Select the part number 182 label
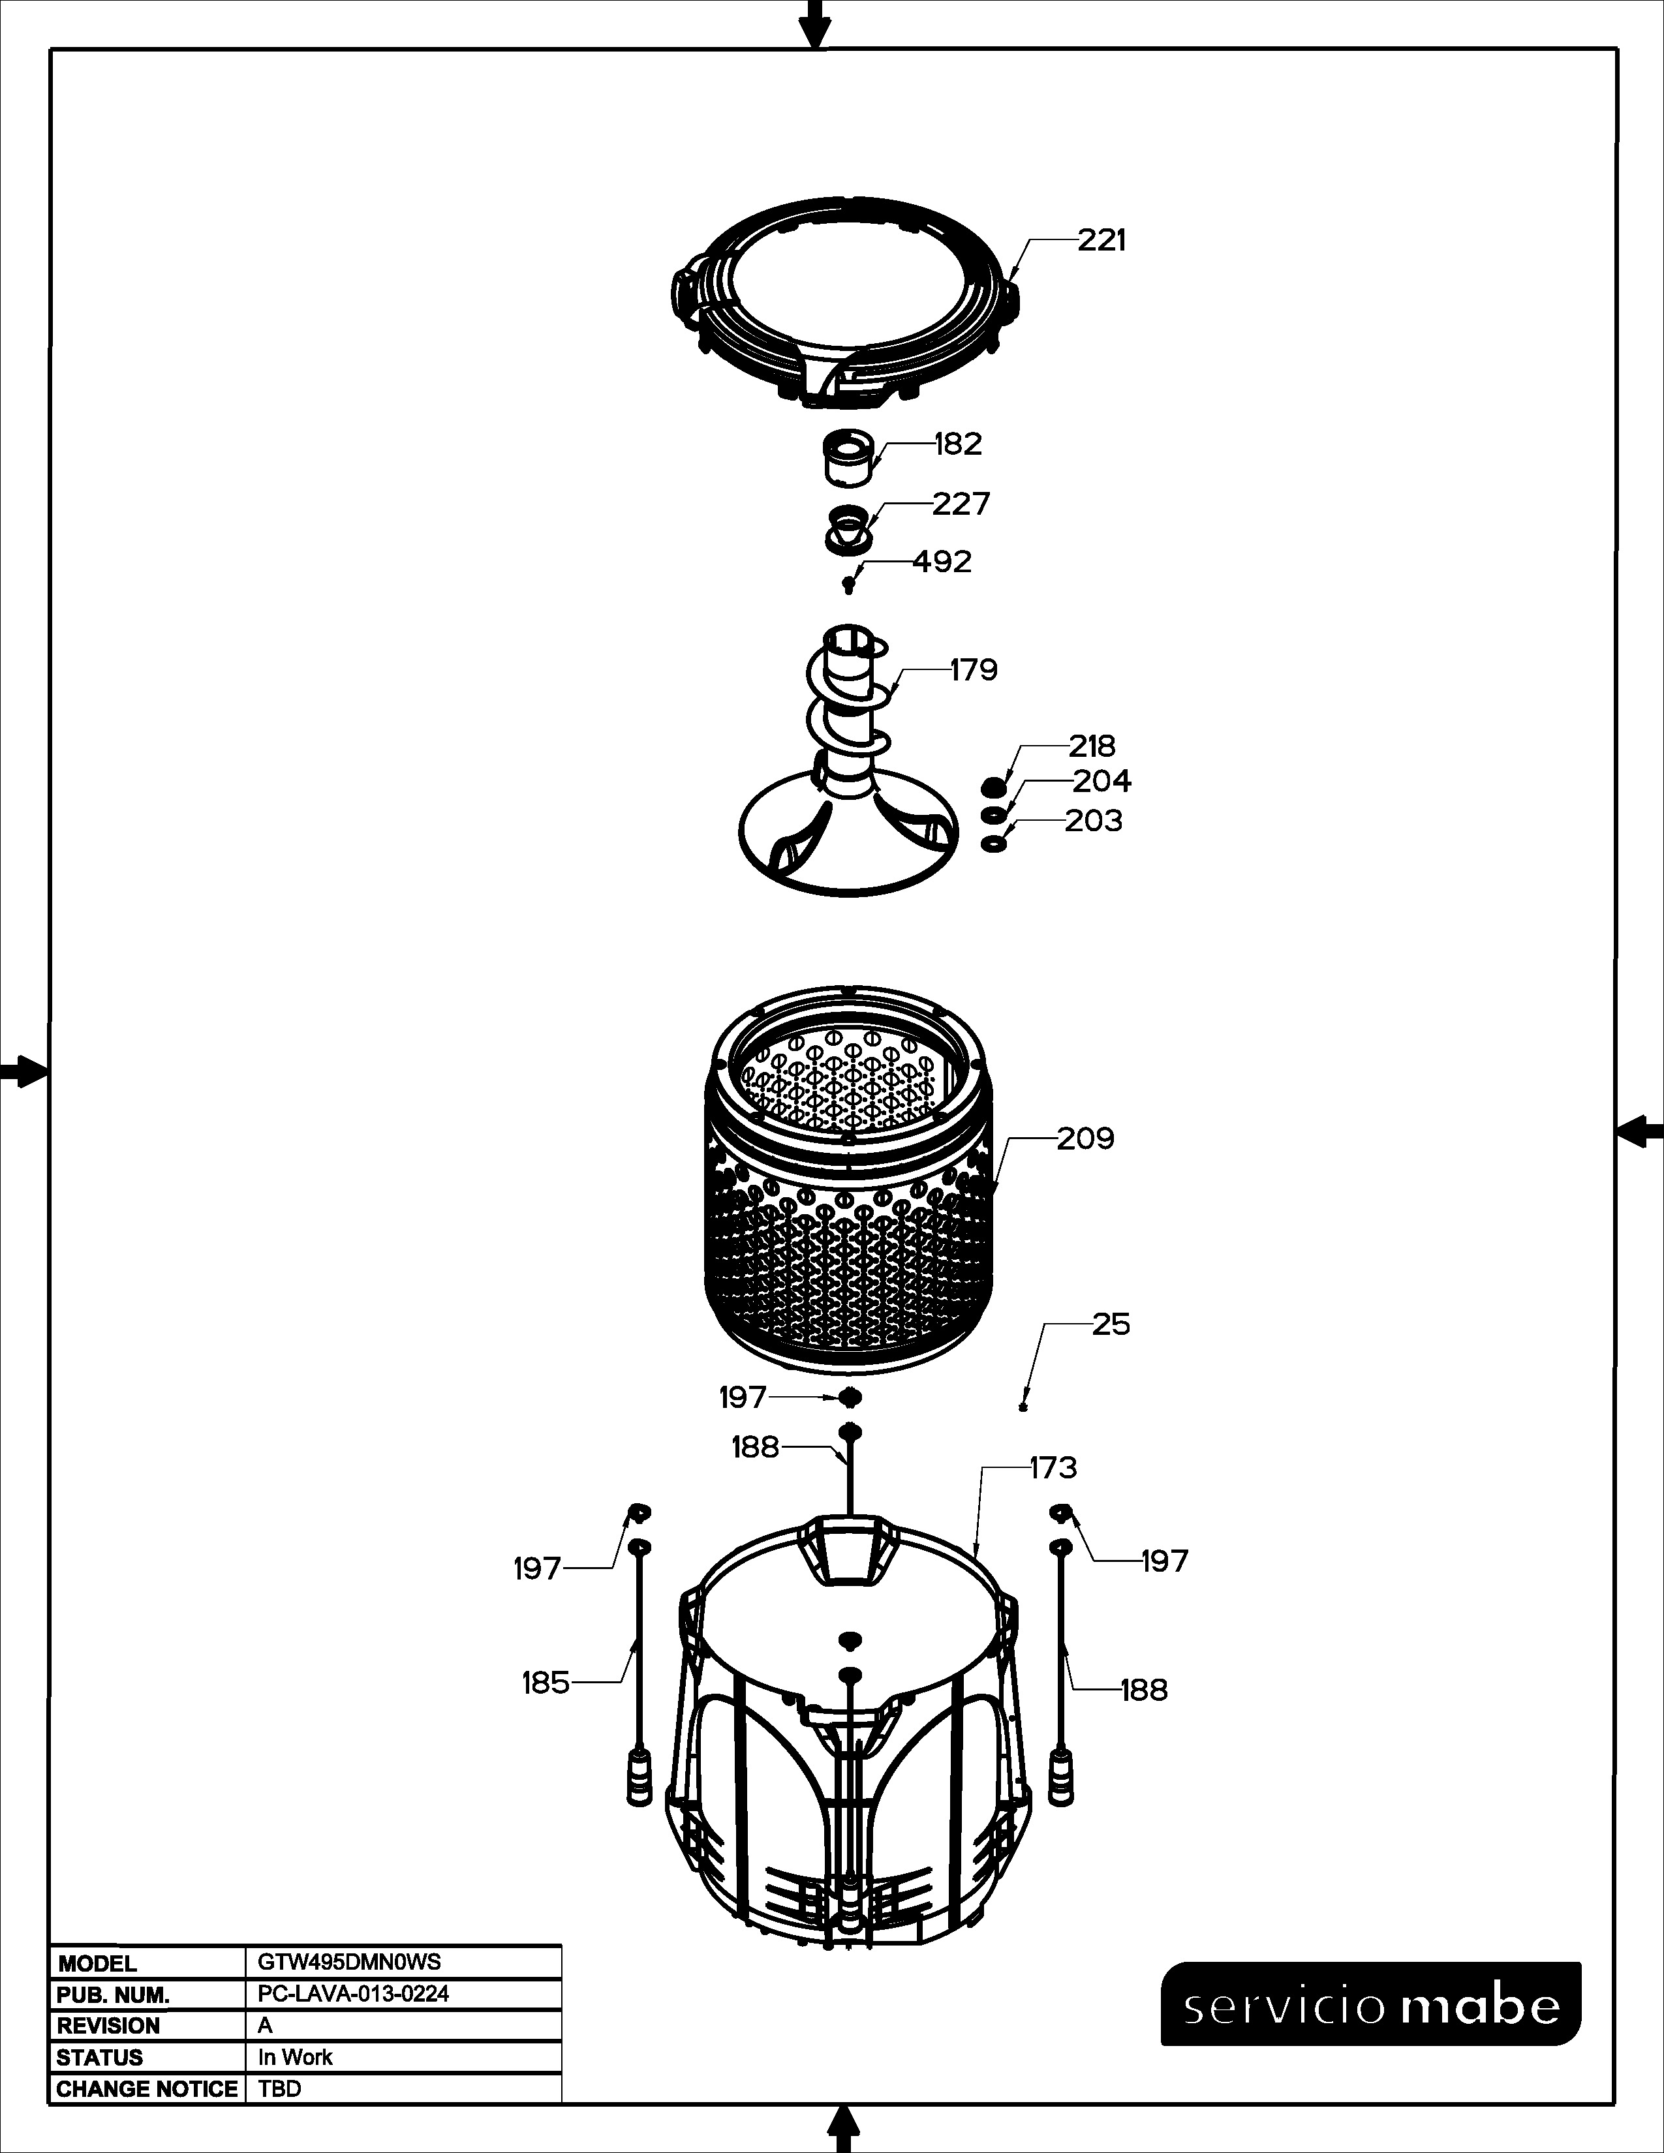958,444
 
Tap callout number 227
961,505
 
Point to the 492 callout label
942,562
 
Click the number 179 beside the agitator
974,670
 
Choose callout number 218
1092,746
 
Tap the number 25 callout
1111,1325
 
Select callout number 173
1054,1469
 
